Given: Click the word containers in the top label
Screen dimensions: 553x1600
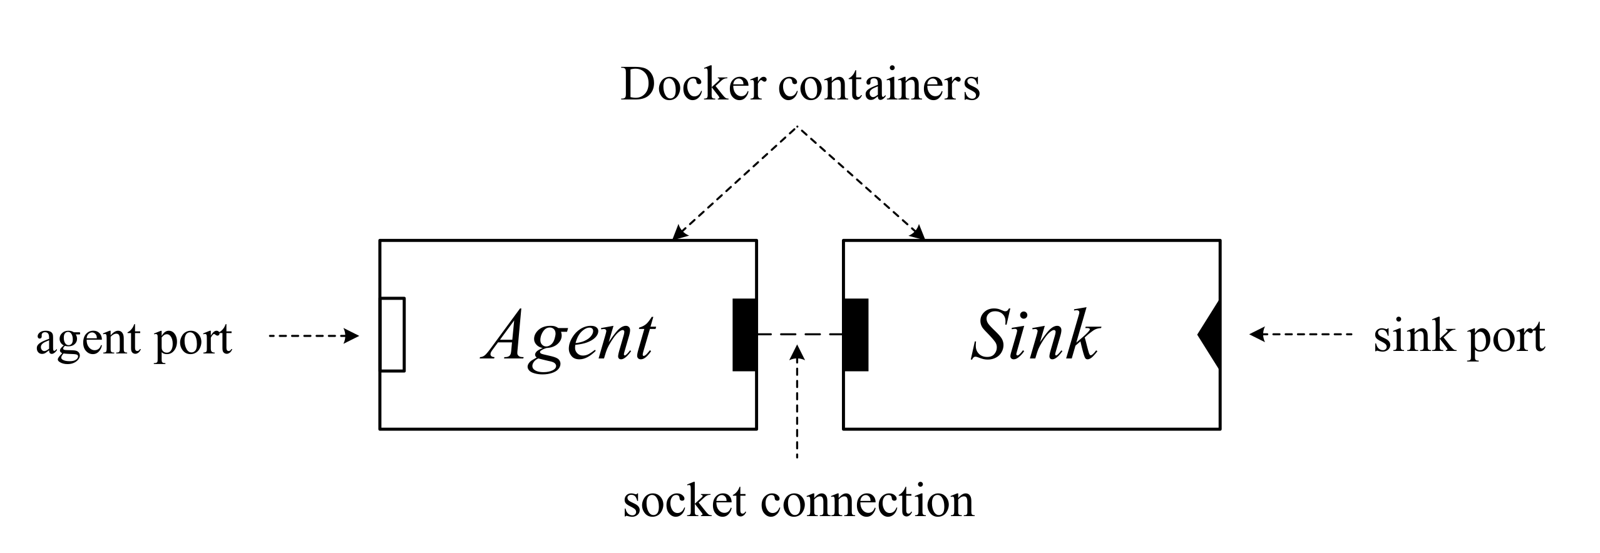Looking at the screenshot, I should [878, 86].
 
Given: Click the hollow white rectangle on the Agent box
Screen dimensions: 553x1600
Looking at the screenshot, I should [392, 335].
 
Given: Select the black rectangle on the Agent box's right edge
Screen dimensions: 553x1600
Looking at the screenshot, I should [744, 335].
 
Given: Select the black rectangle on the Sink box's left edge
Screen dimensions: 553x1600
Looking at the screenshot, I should [856, 335].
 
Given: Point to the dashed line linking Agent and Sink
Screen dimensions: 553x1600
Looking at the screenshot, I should [800, 335].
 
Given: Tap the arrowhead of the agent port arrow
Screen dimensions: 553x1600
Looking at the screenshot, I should [353, 337].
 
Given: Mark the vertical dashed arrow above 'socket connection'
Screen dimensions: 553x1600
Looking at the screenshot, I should [797, 407].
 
